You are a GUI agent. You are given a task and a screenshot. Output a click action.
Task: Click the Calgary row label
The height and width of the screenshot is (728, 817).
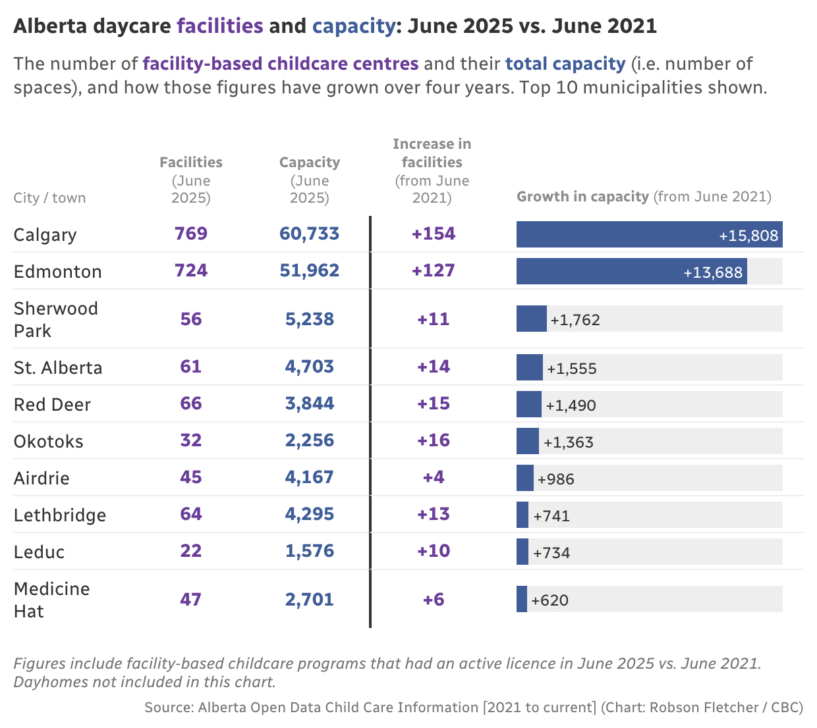click(x=45, y=235)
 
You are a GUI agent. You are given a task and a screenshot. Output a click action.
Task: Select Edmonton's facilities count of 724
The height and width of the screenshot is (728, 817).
click(x=191, y=271)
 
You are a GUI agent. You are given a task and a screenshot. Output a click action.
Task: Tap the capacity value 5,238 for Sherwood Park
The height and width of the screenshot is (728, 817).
click(x=310, y=319)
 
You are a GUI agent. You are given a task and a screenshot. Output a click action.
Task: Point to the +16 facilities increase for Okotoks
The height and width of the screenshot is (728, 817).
click(x=434, y=440)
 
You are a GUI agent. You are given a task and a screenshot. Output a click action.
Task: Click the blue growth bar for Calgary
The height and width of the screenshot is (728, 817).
click(x=649, y=234)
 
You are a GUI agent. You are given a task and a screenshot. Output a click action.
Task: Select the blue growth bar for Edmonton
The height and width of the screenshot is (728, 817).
click(x=631, y=271)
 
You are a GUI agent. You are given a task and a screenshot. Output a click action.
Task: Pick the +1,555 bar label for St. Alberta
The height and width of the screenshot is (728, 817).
click(x=572, y=369)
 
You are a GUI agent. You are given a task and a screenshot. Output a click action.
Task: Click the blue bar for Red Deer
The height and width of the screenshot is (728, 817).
click(x=528, y=404)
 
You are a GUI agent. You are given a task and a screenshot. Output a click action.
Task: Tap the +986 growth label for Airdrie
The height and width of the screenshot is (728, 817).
click(x=556, y=479)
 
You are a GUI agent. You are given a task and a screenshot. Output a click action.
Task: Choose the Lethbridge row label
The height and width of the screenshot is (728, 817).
click(x=60, y=515)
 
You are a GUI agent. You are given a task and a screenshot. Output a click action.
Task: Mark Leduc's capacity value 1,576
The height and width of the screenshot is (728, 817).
click(x=310, y=551)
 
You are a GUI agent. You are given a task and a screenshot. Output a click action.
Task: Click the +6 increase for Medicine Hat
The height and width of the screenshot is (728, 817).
click(x=434, y=600)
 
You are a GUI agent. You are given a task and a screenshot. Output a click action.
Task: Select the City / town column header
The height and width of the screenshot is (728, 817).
click(x=49, y=198)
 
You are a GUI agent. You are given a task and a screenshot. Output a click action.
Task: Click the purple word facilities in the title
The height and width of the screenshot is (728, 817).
click(x=221, y=26)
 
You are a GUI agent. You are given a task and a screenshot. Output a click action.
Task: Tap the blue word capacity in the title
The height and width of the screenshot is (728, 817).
click(x=353, y=26)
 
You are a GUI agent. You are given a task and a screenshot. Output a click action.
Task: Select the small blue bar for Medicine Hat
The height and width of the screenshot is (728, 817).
click(x=522, y=599)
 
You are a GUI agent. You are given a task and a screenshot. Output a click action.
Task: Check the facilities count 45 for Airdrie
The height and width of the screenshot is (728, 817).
click(x=191, y=477)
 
